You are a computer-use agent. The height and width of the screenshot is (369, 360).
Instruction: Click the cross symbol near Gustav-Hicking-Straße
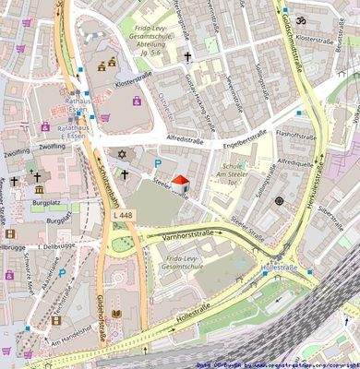pos(187,56)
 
